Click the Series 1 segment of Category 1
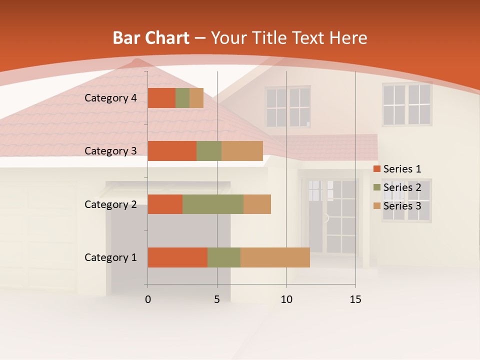click(x=177, y=257)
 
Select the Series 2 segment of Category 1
click(x=224, y=257)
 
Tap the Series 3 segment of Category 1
click(x=275, y=257)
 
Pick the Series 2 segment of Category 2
click(x=213, y=204)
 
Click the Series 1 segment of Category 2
click(x=165, y=204)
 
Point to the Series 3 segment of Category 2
click(x=257, y=204)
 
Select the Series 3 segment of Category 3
click(x=242, y=151)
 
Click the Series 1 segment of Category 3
click(x=172, y=151)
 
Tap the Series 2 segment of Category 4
click(x=182, y=98)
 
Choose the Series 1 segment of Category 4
click(x=161, y=98)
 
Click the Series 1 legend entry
click(x=397, y=169)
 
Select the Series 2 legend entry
click(x=397, y=187)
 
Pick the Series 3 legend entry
click(x=397, y=206)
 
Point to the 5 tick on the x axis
click(x=217, y=299)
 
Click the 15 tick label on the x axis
click(x=355, y=299)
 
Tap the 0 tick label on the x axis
click(x=148, y=299)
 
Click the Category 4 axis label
click(x=110, y=98)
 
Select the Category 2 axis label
click(x=110, y=204)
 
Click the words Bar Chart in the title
click(x=151, y=38)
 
